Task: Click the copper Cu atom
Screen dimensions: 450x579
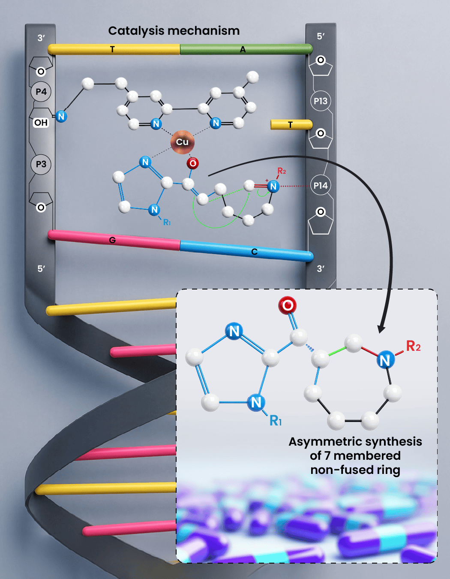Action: [183, 142]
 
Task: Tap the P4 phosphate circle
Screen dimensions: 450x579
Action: [41, 92]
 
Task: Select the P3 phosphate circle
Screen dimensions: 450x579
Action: [41, 164]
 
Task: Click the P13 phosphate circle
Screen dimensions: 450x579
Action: [320, 101]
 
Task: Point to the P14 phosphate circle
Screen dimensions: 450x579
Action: [320, 185]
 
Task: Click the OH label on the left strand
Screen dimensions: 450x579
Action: [41, 123]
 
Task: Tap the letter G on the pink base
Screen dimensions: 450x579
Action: [112, 240]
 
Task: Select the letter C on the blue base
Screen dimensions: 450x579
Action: [254, 251]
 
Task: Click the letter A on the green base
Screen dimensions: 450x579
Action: [243, 49]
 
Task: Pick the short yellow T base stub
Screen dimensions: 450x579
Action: [291, 124]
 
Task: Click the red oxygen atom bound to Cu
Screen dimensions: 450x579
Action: [192, 163]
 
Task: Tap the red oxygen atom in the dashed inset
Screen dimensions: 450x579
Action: [287, 305]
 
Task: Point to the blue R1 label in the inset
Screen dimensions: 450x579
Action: [275, 420]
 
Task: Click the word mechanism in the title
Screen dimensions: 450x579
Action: [204, 30]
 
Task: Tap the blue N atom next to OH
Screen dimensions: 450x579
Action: [61, 116]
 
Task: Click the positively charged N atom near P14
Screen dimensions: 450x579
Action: [273, 186]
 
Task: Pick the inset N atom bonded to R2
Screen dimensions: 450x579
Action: [386, 360]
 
